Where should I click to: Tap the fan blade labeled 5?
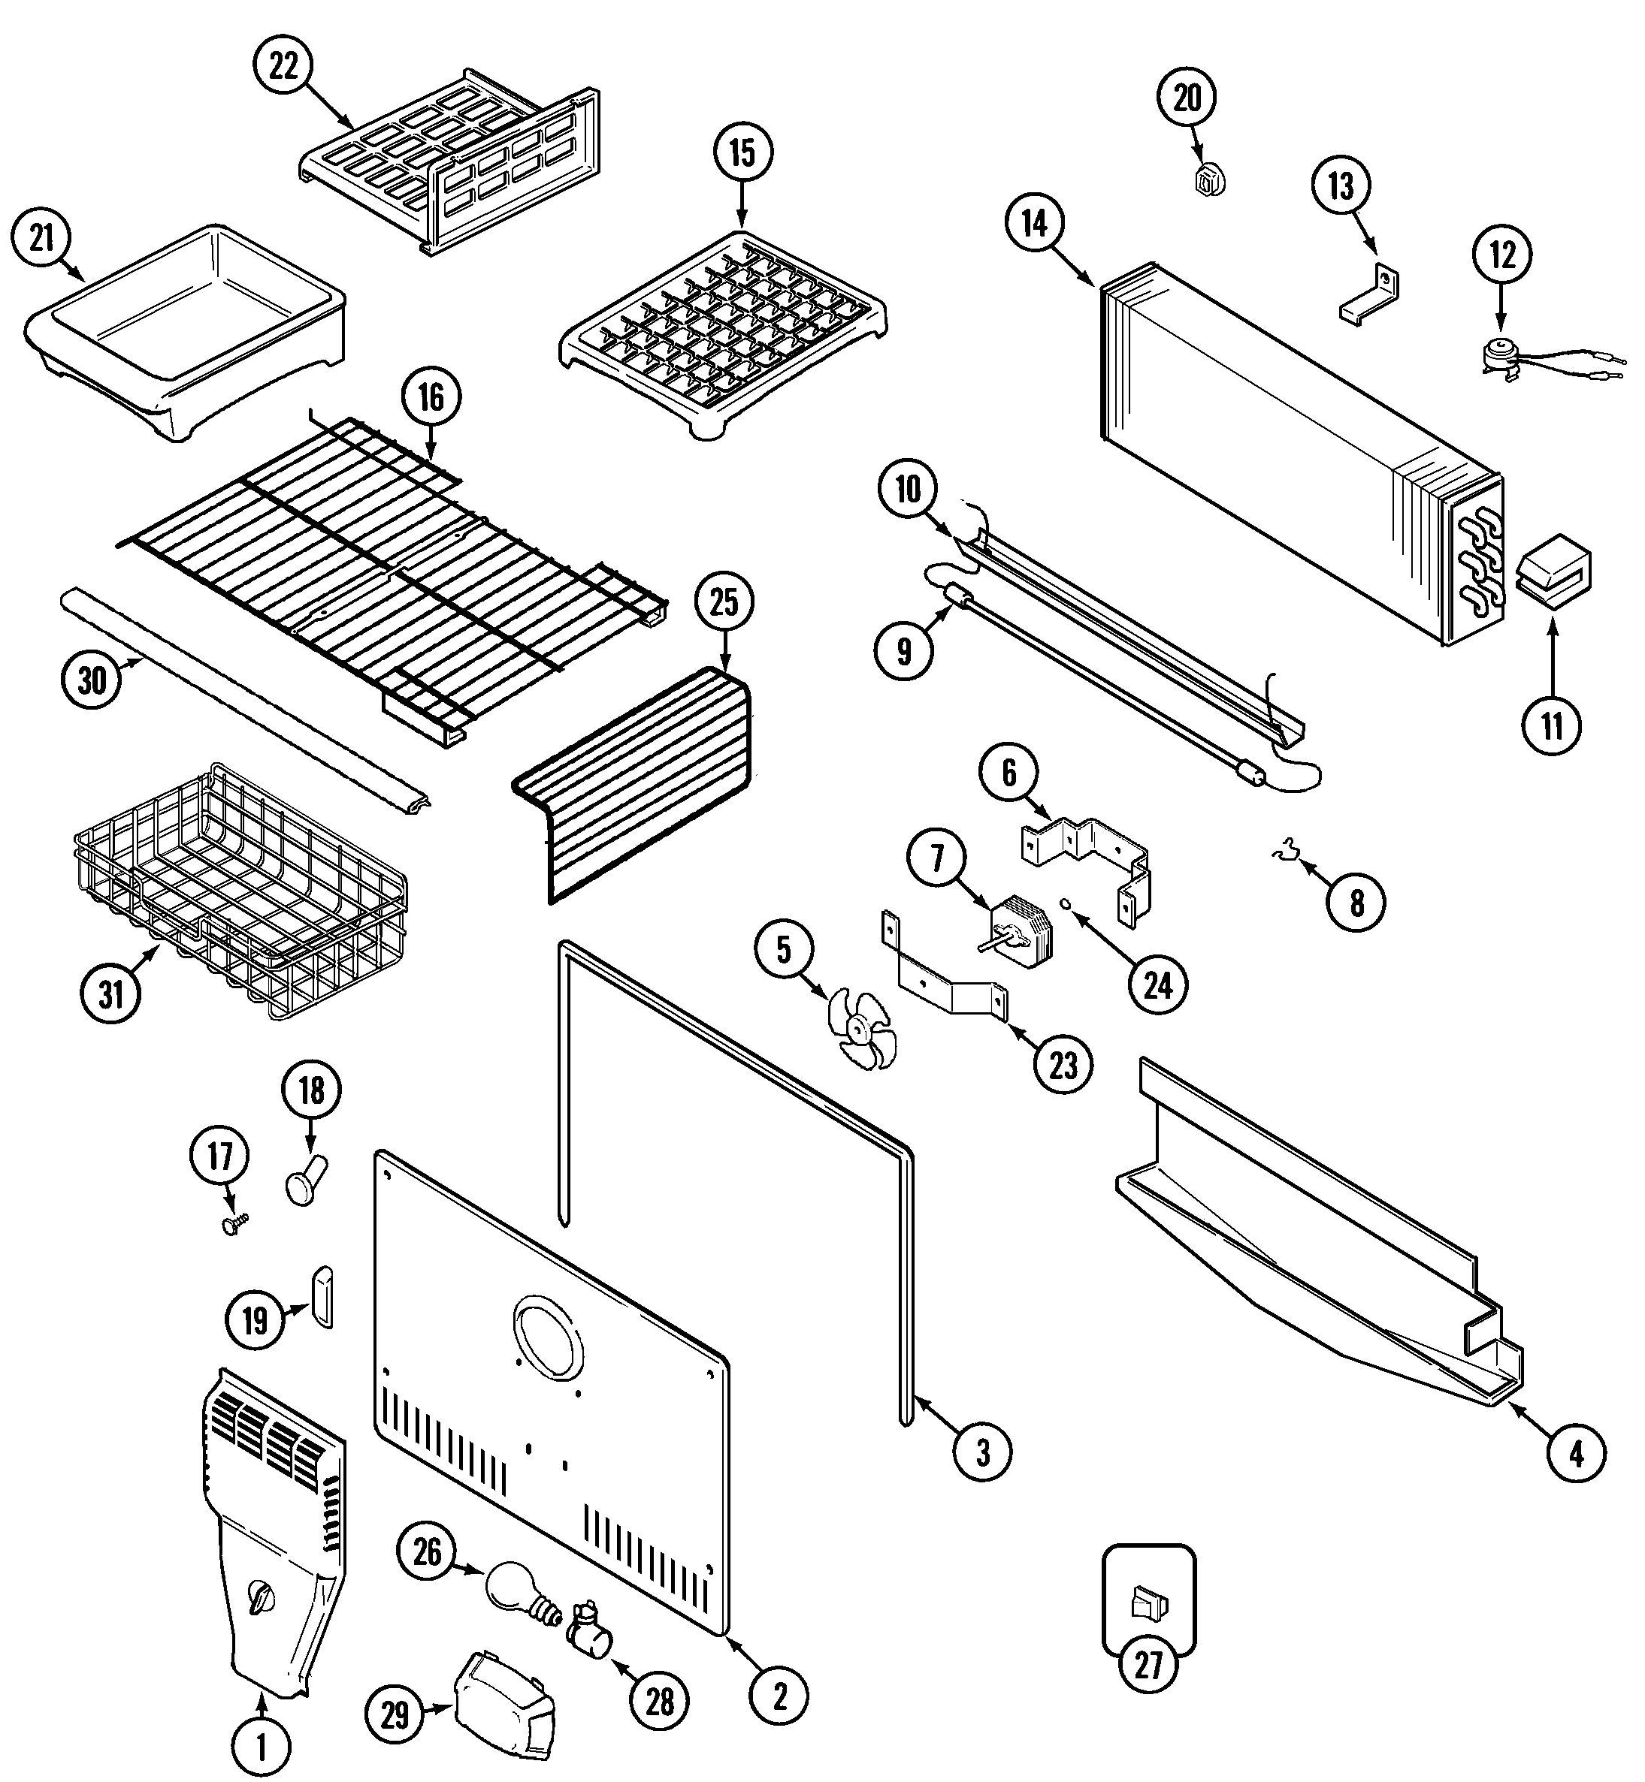coord(859,1029)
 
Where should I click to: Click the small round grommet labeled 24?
coord(1064,905)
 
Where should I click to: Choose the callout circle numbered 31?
coord(110,992)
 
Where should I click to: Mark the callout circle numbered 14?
coord(1034,225)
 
